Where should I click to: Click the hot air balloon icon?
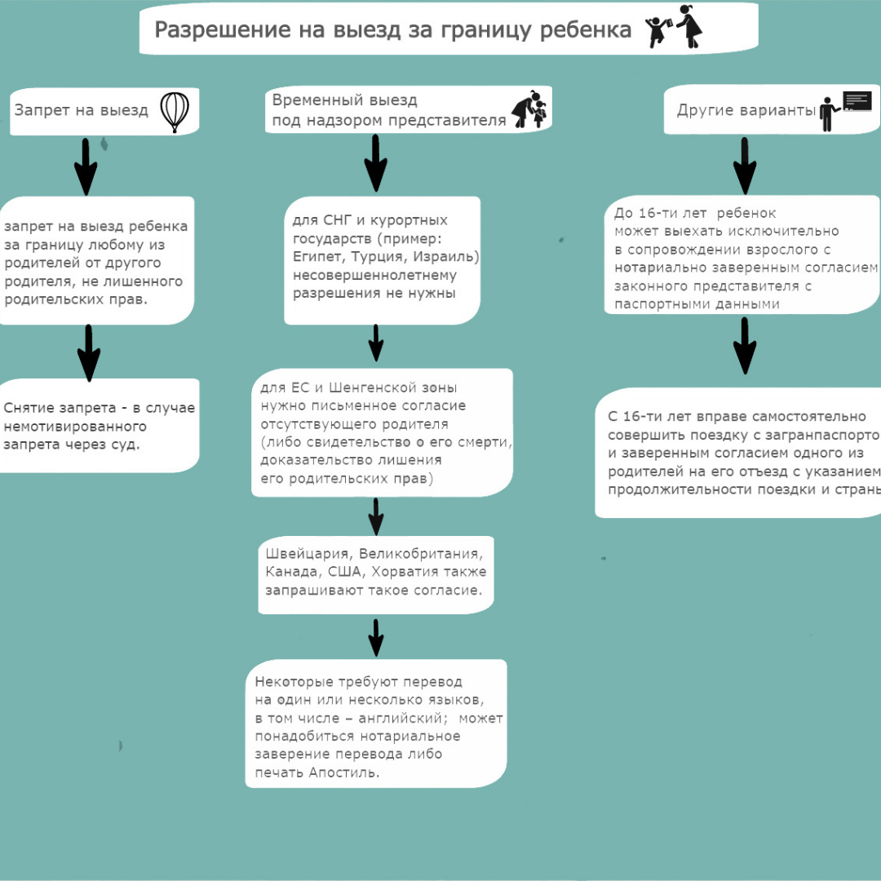tap(175, 112)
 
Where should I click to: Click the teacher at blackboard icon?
tap(845, 110)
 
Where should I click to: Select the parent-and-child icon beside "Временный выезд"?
tap(529, 109)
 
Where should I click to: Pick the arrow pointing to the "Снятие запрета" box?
tap(89, 352)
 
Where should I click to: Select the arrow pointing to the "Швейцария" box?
tap(376, 516)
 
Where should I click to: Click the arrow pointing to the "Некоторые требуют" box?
tap(376, 637)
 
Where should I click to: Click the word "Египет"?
tap(316, 257)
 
